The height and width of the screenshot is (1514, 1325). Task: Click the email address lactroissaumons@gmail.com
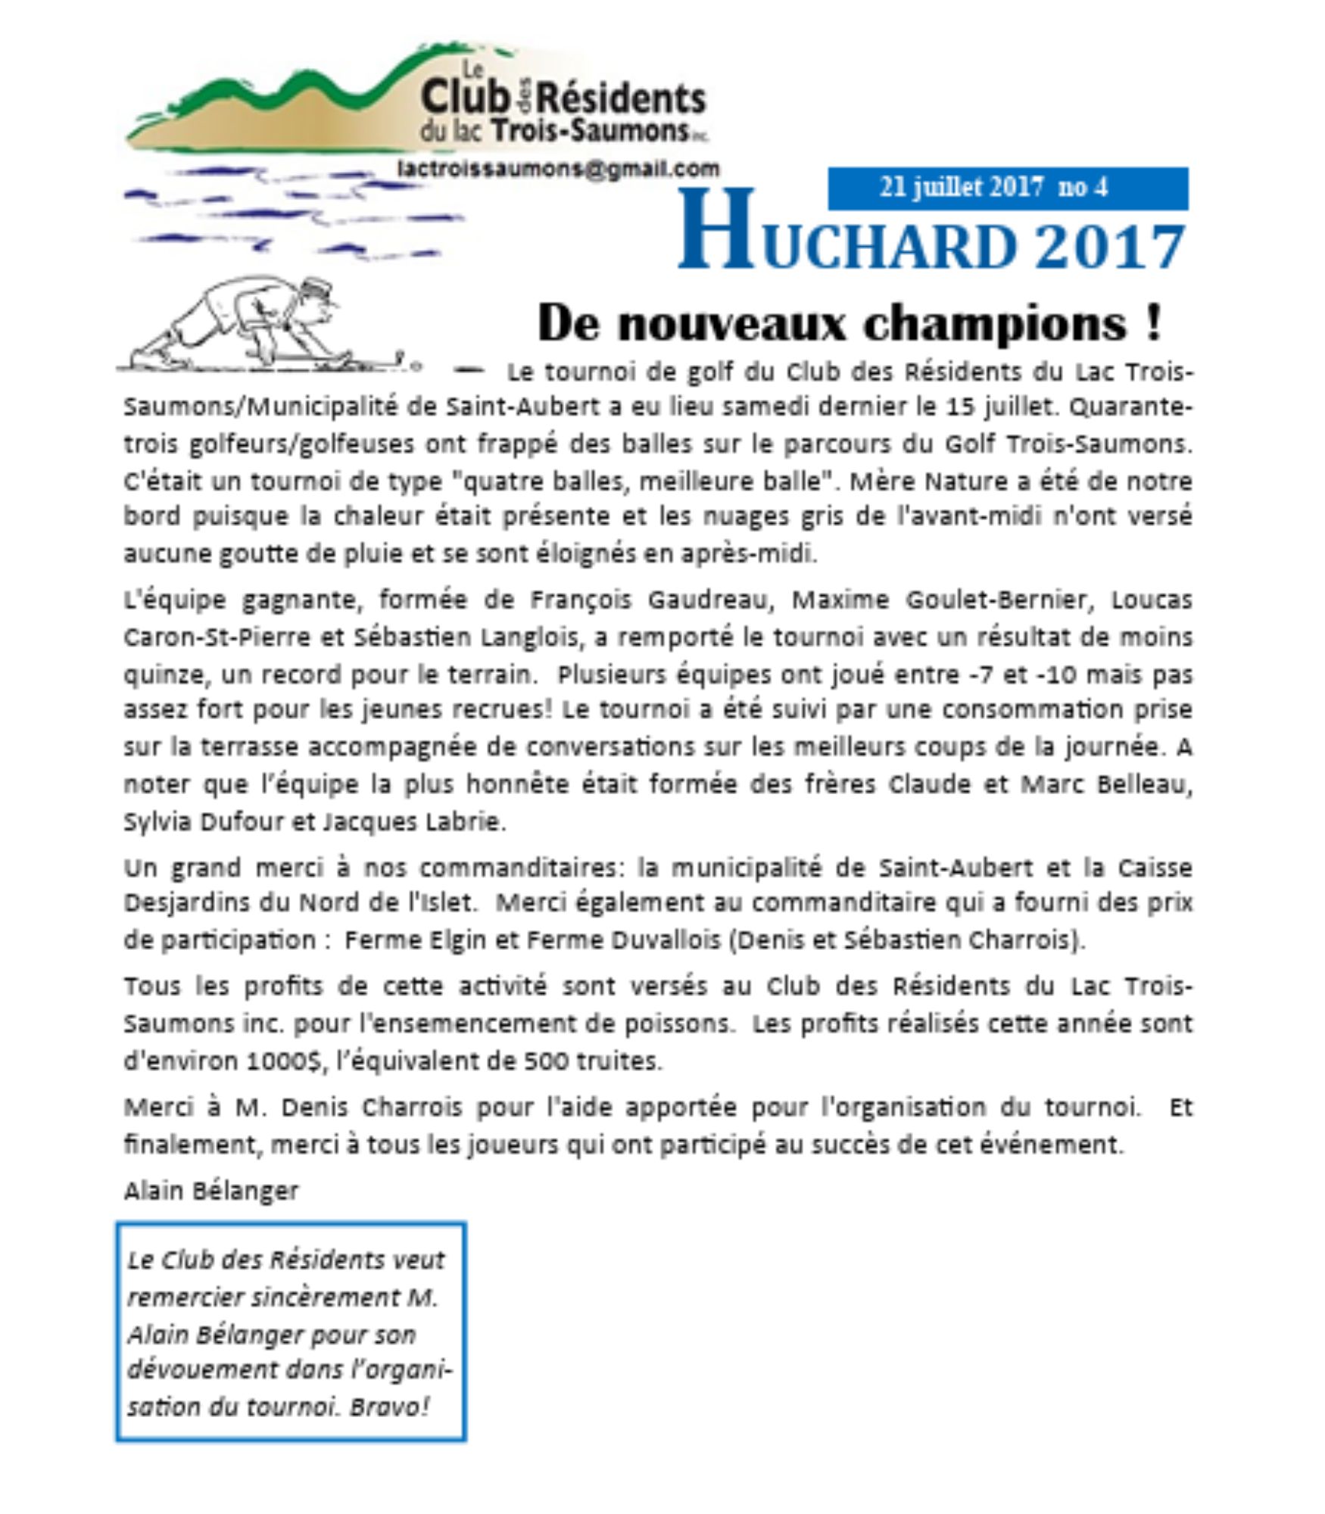point(558,169)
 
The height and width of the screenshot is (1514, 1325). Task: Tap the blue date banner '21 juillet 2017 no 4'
point(1007,188)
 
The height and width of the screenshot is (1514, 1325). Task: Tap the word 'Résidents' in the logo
point(623,99)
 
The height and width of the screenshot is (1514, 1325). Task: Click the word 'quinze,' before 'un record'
point(164,674)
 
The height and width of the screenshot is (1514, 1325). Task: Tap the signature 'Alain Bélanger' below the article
point(211,1190)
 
